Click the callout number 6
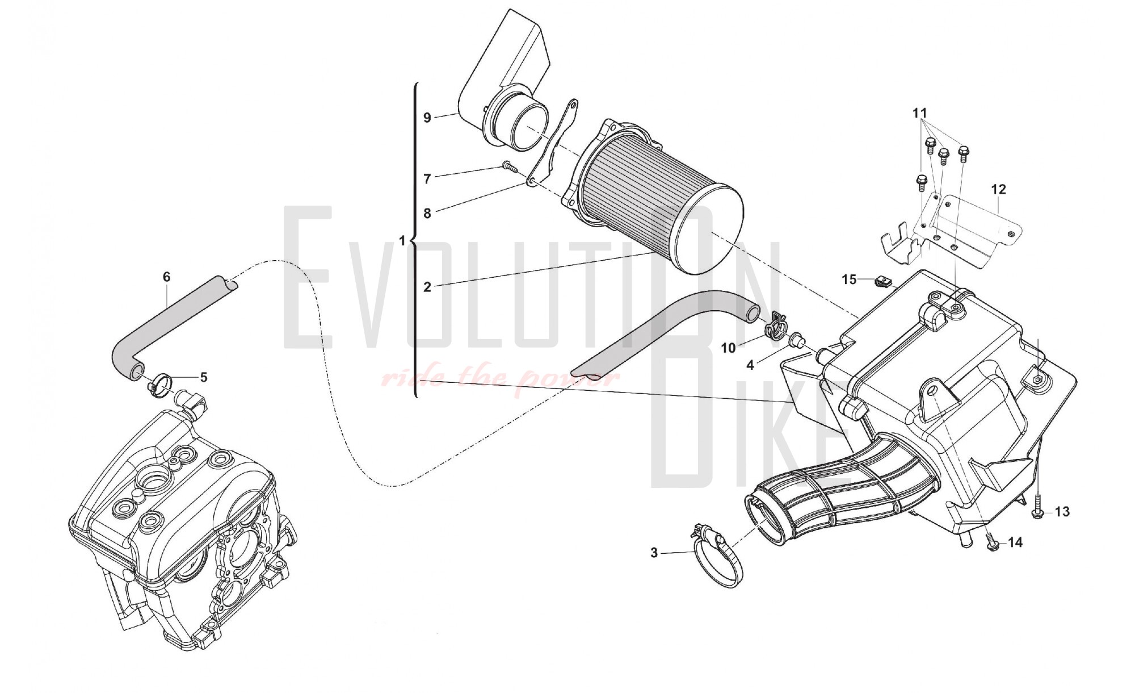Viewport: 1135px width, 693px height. (166, 277)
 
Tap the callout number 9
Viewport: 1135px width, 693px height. (427, 118)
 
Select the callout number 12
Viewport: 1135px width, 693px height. (998, 189)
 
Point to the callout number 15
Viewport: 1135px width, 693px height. (849, 279)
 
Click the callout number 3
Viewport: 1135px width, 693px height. (654, 552)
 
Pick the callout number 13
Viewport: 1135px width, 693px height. (1062, 512)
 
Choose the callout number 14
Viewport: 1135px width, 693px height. (1015, 542)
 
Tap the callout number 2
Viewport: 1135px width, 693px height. (427, 287)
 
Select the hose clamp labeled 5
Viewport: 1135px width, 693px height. (158, 385)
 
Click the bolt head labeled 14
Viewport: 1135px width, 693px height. (993, 544)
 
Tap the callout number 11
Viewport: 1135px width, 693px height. (920, 113)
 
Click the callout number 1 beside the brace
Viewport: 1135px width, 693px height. (402, 241)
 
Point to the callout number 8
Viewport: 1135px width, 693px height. (427, 214)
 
